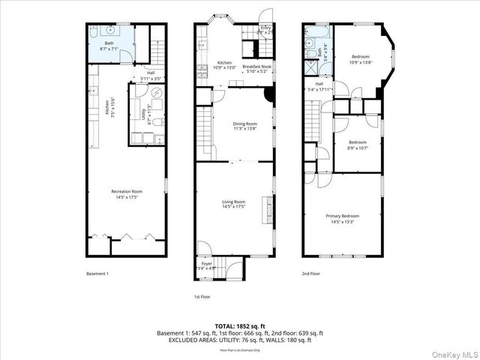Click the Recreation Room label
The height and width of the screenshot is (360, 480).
127,194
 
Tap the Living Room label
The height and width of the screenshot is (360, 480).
233,204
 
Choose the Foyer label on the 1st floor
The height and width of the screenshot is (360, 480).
206,265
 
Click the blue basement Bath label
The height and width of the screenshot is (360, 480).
109,45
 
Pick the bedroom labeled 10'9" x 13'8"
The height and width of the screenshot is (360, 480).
359,59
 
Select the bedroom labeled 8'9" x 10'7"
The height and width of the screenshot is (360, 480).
357,145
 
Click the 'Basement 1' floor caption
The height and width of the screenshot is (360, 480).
97,274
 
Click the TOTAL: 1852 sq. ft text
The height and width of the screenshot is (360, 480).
240,325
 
